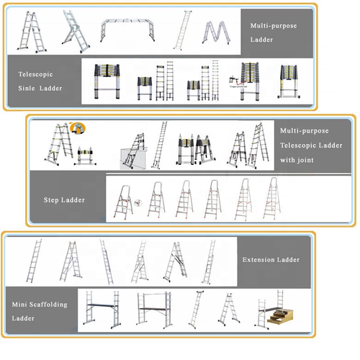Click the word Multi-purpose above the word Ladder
pos(274,26)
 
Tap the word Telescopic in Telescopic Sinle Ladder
pos(35,73)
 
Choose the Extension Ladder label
pos(271,259)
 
